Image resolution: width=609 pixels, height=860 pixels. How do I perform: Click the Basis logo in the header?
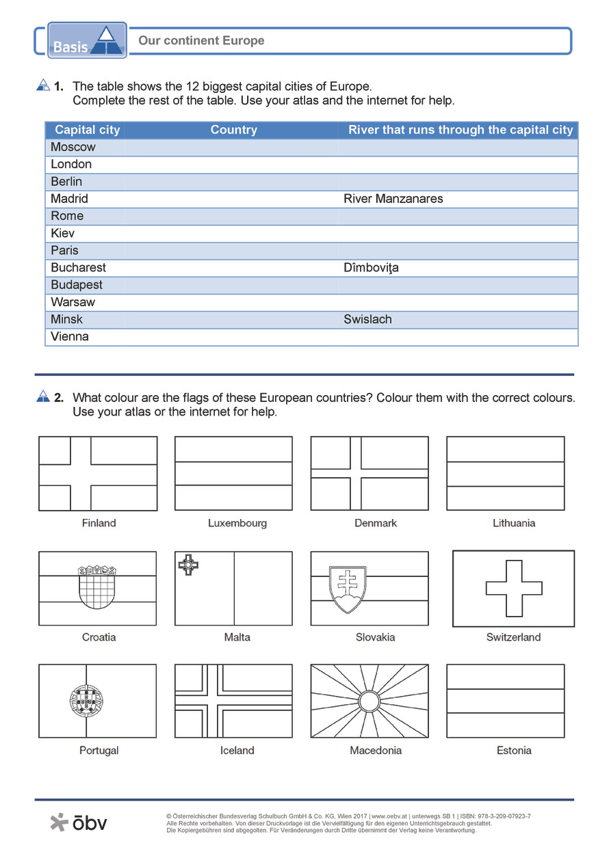pyautogui.click(x=87, y=40)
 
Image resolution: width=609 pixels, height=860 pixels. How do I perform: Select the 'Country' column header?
pyautogui.click(x=233, y=130)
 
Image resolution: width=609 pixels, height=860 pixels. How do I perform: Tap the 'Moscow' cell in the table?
pyautogui.click(x=73, y=147)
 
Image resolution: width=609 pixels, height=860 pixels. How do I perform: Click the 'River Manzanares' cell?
pyautogui.click(x=393, y=199)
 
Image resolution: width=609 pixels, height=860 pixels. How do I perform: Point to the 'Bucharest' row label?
pyautogui.click(x=78, y=268)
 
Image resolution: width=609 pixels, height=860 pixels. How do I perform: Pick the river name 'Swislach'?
pyautogui.click(x=367, y=319)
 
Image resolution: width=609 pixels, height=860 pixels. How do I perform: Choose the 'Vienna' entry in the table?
pyautogui.click(x=70, y=336)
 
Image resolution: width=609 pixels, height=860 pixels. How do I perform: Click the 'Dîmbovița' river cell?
pyautogui.click(x=371, y=268)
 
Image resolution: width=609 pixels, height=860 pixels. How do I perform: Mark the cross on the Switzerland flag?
pyautogui.click(x=514, y=589)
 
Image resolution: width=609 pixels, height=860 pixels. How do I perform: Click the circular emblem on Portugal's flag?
pyautogui.click(x=86, y=701)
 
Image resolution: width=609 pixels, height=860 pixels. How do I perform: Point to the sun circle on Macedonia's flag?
pyautogui.click(x=370, y=701)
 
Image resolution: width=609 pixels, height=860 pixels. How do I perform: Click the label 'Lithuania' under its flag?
pyautogui.click(x=514, y=523)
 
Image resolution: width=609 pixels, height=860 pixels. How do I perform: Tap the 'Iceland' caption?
pyautogui.click(x=237, y=751)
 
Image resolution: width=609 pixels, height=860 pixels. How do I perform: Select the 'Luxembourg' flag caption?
pyautogui.click(x=237, y=523)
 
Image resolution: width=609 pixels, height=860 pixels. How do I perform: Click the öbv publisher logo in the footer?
pyautogui.click(x=79, y=822)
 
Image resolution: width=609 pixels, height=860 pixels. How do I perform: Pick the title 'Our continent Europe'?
pyautogui.click(x=201, y=41)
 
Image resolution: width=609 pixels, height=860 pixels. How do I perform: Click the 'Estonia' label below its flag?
pyautogui.click(x=514, y=751)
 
